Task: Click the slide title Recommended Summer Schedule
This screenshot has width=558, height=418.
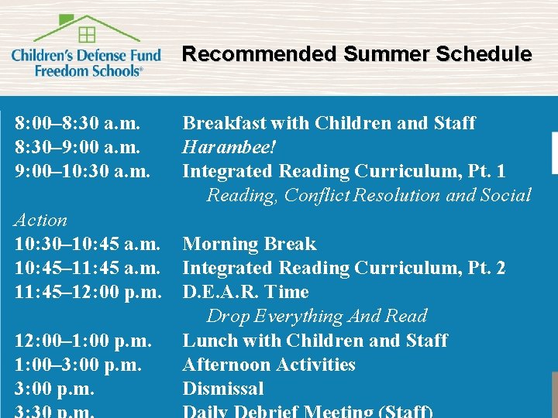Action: [356, 55]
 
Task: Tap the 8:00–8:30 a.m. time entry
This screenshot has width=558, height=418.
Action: [77, 123]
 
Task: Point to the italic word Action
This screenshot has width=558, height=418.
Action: [40, 220]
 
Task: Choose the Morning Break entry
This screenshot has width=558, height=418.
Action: [249, 244]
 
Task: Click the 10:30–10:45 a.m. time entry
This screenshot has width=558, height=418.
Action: [88, 244]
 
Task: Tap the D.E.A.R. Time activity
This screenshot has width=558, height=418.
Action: [245, 292]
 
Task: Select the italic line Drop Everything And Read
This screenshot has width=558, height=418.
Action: [316, 316]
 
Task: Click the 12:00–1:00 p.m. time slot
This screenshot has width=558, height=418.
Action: [83, 341]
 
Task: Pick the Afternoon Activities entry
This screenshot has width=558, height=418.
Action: [268, 365]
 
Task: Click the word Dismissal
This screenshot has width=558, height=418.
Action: [222, 389]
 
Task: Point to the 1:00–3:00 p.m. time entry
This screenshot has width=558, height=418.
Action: [77, 365]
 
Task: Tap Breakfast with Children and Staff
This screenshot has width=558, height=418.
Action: [329, 123]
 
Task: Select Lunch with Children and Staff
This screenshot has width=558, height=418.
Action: [315, 341]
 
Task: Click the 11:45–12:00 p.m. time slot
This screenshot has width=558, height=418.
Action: [88, 292]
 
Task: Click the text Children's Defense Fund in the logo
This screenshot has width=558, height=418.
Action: [86, 56]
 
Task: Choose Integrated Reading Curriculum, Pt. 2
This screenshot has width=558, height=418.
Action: [343, 268]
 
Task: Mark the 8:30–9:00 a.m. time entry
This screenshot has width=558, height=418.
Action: [77, 147]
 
